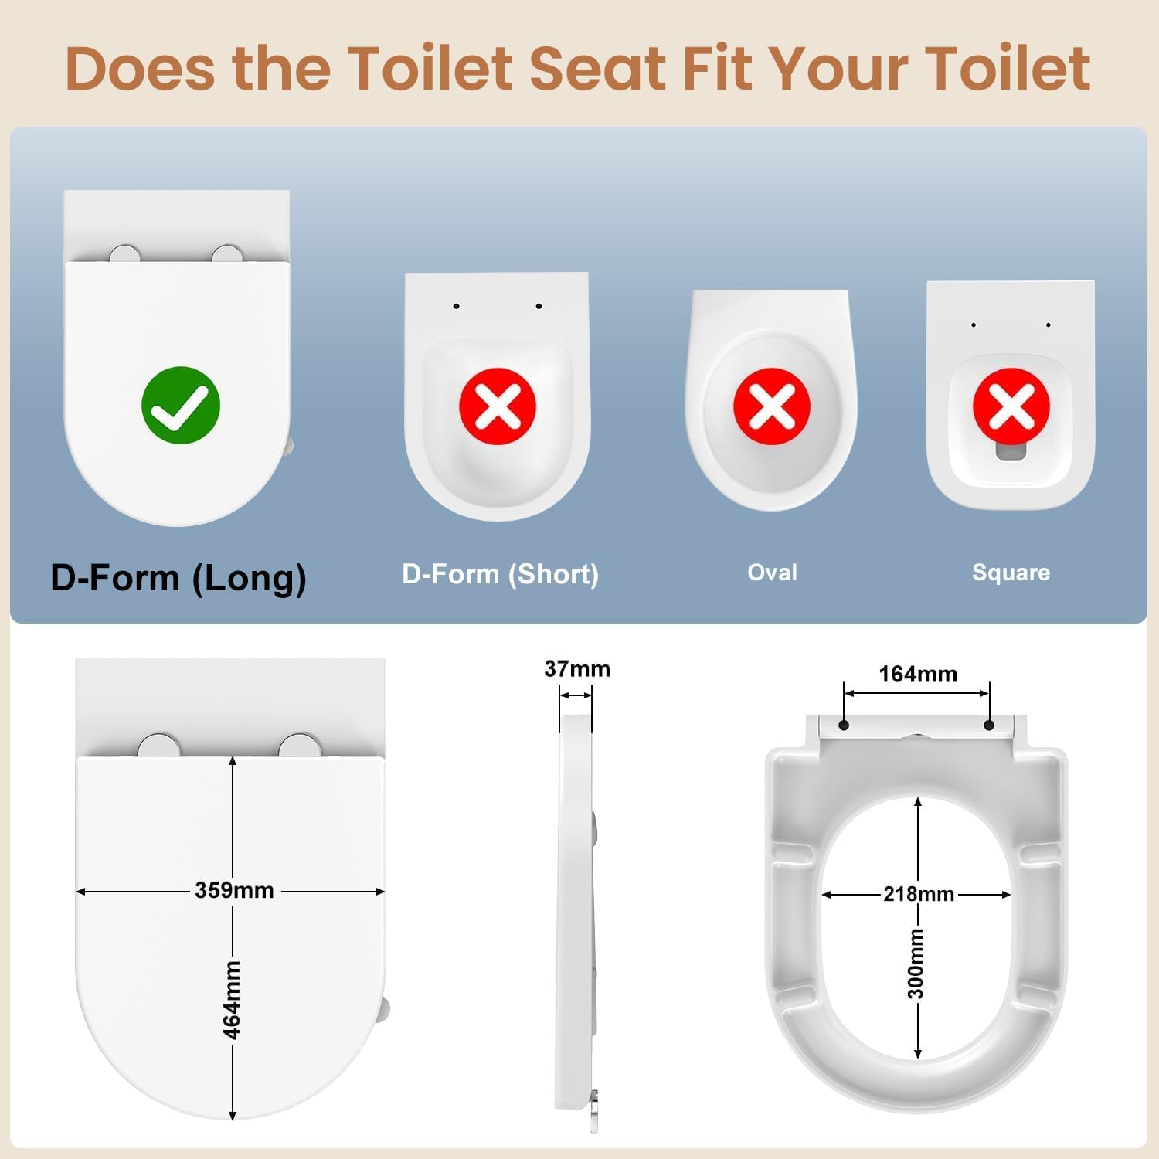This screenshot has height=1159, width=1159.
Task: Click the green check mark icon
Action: point(181,405)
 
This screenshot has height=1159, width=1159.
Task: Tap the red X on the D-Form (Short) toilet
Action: point(498,406)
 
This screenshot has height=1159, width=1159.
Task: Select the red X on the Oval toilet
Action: point(772,406)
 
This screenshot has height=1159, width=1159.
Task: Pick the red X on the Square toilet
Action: point(1011,406)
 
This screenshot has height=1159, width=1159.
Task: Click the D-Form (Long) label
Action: point(178,578)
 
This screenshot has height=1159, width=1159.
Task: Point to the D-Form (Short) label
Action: point(501,574)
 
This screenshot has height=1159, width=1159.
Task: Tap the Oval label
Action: point(773,572)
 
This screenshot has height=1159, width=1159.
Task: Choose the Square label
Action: point(1011,573)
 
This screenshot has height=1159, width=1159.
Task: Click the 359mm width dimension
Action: point(234,890)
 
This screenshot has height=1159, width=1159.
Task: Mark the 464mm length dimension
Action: point(232,1000)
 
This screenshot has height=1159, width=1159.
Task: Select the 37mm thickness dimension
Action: point(577,669)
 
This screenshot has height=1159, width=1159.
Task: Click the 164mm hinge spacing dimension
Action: point(918,675)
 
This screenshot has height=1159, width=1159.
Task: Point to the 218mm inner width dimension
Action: point(919,894)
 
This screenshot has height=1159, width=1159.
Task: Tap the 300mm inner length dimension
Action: point(916,964)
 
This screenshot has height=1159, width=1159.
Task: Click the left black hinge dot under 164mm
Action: point(844,725)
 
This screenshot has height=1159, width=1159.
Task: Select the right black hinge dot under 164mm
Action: point(989,725)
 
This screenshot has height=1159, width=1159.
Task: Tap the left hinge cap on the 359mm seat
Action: point(159,746)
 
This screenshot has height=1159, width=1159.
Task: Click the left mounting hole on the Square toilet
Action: point(974,325)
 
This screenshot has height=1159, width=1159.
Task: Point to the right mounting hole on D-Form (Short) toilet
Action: point(539,306)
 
